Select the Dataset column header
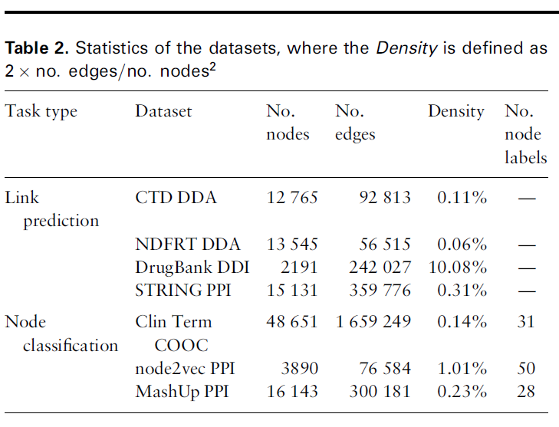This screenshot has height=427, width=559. point(163,111)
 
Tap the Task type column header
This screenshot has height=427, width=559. point(41,111)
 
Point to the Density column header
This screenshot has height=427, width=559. point(455,111)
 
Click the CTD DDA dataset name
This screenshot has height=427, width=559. point(176,198)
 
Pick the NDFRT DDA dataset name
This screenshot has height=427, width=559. point(187,245)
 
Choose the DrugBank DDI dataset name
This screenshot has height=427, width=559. point(192,268)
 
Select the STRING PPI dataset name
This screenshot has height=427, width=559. point(182,291)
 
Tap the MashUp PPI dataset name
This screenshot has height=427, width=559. point(182,392)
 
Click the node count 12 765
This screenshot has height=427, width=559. point(292,198)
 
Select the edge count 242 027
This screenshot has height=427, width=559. point(374,268)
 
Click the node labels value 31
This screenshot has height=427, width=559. point(525,322)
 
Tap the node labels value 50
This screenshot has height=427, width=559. point(525,369)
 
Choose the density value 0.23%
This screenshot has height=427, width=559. point(462,392)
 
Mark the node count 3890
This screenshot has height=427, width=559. point(300,369)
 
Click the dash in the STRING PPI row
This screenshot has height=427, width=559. point(525,291)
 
